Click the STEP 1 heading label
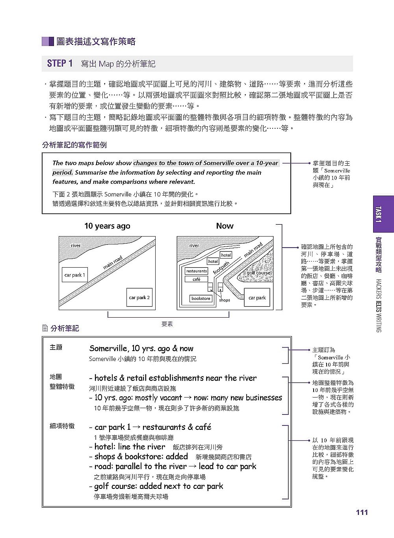pyautogui.click(x=59, y=63)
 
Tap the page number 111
pyautogui.click(x=361, y=512)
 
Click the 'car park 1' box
pyautogui.click(x=74, y=275)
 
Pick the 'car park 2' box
pyautogui.click(x=139, y=298)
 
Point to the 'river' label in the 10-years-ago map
pyautogui.click(x=76, y=246)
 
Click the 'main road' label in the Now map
pyautogui.click(x=253, y=250)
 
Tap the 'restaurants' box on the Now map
pyautogui.click(x=196, y=271)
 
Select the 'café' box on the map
pyautogui.click(x=196, y=279)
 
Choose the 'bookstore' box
pyautogui.click(x=201, y=298)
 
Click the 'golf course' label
pyautogui.click(x=258, y=273)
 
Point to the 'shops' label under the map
pyautogui.click(x=225, y=300)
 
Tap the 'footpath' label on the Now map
pyautogui.click(x=221, y=268)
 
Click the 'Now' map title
pyautogui.click(x=225, y=226)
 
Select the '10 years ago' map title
pyautogui.click(x=107, y=226)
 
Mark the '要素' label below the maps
pyautogui.click(x=167, y=324)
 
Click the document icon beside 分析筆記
pyautogui.click(x=45, y=328)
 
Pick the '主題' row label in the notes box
pyautogui.click(x=56, y=347)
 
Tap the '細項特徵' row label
pyautogui.click(x=62, y=426)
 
